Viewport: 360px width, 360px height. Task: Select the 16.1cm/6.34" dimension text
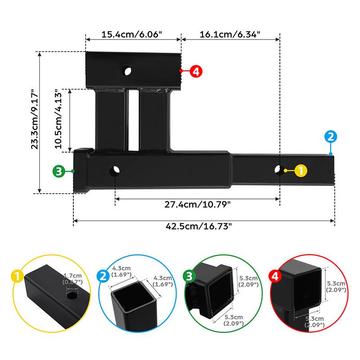230,34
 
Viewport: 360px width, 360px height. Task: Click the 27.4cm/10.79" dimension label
198,205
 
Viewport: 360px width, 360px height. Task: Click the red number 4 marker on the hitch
196,71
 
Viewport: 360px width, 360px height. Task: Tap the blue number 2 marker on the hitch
331,136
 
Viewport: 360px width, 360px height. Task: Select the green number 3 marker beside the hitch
58,171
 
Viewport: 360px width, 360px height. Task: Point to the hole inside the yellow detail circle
71,297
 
